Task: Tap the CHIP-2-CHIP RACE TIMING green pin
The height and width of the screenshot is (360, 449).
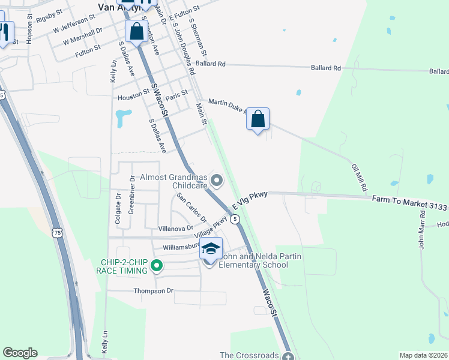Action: pyautogui.click(x=157, y=265)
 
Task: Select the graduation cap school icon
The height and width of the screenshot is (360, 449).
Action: pyautogui.click(x=211, y=248)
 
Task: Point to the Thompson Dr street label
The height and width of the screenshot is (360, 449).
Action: pyautogui.click(x=153, y=290)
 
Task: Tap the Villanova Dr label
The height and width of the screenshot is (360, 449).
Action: pyautogui.click(x=175, y=228)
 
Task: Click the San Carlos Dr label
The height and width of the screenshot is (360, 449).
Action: pyautogui.click(x=191, y=209)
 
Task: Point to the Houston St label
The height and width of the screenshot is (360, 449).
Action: pyautogui.click(x=133, y=95)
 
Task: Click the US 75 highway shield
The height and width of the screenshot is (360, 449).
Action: pyautogui.click(x=57, y=232)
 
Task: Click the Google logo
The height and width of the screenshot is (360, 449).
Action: pyautogui.click(x=20, y=353)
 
